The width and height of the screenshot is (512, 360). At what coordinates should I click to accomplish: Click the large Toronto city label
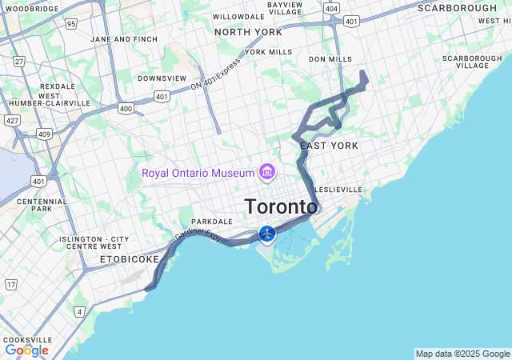(x=281, y=206)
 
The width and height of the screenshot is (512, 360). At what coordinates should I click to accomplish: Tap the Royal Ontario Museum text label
(x=197, y=173)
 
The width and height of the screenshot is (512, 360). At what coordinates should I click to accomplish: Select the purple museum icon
(x=266, y=172)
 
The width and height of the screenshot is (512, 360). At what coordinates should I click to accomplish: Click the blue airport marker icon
(x=267, y=234)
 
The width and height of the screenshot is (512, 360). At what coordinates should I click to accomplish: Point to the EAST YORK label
(x=329, y=146)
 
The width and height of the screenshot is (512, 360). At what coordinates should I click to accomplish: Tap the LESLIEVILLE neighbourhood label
(x=339, y=190)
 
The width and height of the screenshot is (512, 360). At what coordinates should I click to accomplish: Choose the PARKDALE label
(x=211, y=222)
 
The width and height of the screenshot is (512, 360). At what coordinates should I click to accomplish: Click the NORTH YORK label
(x=248, y=32)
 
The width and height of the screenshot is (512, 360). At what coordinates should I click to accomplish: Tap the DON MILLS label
(x=330, y=59)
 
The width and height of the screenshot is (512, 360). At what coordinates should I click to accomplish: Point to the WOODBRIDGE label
(x=32, y=9)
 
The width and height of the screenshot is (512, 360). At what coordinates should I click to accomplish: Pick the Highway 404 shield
(x=331, y=7)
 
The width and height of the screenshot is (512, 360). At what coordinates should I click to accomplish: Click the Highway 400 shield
(x=126, y=108)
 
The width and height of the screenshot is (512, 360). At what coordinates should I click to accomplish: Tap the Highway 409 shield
(x=44, y=134)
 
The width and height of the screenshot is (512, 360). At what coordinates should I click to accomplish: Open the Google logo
(x=26, y=350)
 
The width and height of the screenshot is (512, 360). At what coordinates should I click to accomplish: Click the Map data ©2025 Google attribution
(x=462, y=354)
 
